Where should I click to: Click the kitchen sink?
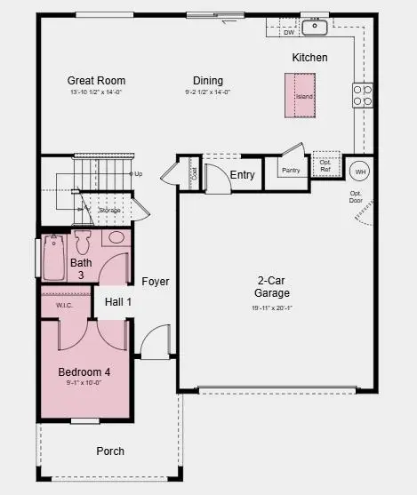[315, 27]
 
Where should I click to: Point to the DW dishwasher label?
[289, 33]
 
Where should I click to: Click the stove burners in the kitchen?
[362, 95]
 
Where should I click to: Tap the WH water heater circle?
[360, 171]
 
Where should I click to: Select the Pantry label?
[291, 171]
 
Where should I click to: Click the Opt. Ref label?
[325, 166]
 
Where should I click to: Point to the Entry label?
[242, 175]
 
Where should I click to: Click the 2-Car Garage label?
[272, 285]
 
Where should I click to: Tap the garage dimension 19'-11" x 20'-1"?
[272, 307]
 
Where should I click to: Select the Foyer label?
[156, 282]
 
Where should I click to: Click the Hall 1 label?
[118, 302]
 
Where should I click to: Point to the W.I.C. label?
[64, 305]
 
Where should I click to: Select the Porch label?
[109, 451]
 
